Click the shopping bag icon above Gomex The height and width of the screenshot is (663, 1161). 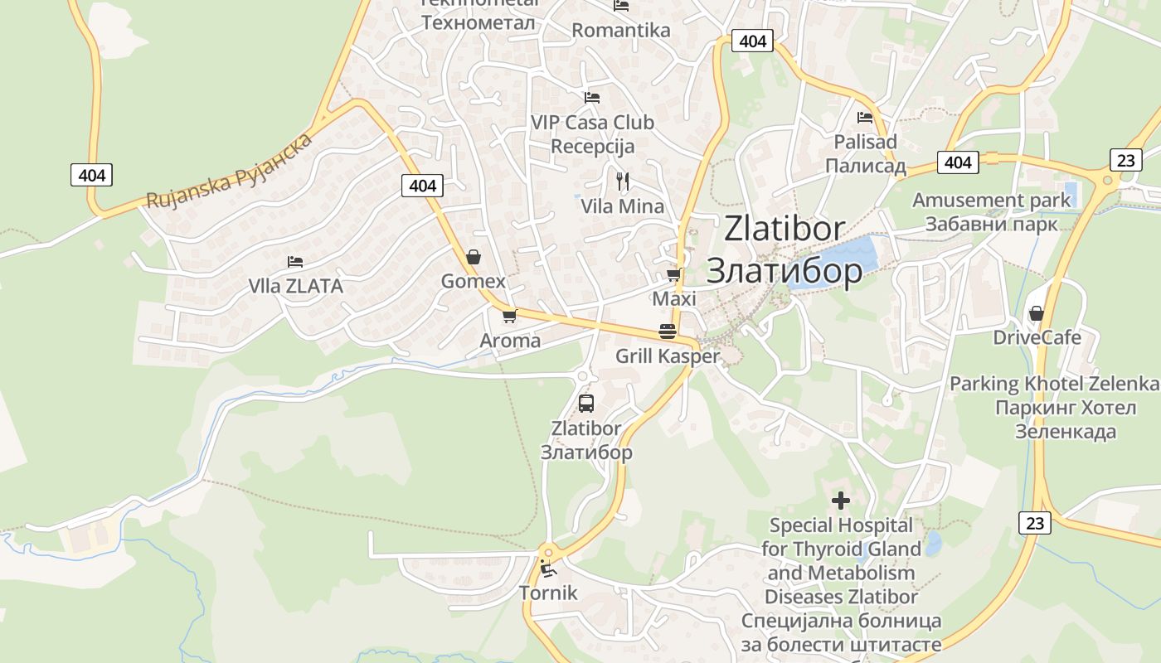coord(473,257)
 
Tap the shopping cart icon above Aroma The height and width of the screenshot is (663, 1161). coord(509,316)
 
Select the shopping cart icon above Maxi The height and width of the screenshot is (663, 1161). coord(673,274)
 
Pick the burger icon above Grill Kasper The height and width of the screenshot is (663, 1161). coord(668,331)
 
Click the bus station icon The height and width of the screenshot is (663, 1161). coord(585,404)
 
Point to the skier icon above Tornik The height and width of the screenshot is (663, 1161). coord(547,569)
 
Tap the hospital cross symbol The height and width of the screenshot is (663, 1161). coord(841,501)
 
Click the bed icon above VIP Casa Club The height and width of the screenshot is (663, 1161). coord(591,98)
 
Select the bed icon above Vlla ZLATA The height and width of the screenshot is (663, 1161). coord(295,262)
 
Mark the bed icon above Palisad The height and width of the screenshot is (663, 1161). coord(865,117)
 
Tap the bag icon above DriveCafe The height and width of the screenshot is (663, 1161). coord(1036,313)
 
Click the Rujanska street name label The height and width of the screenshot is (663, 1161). coord(230,171)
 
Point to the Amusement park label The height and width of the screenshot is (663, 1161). coord(992,200)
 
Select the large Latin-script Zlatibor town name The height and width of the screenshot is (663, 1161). coord(784,229)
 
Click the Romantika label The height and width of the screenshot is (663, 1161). coord(621,31)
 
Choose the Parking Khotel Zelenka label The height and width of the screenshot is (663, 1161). coord(1054,384)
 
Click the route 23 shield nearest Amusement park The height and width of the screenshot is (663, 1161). coord(1125,159)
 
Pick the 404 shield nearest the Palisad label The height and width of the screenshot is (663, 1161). coord(957,162)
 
